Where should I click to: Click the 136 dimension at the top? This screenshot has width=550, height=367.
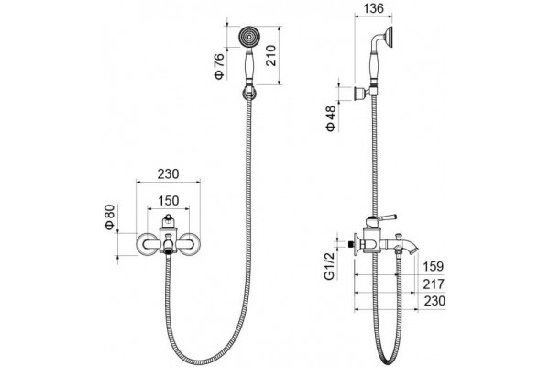[x=374, y=8]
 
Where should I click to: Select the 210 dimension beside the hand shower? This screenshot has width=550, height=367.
[x=271, y=55]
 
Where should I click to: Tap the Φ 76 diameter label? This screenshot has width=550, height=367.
[x=218, y=66]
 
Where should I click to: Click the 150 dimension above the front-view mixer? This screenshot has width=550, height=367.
[x=169, y=201]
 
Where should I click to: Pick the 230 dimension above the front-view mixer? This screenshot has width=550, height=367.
[x=168, y=173]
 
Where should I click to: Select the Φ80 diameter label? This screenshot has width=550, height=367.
[x=110, y=217]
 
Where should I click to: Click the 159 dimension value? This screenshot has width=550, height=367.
[x=434, y=267]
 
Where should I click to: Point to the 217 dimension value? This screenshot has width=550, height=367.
[x=434, y=284]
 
